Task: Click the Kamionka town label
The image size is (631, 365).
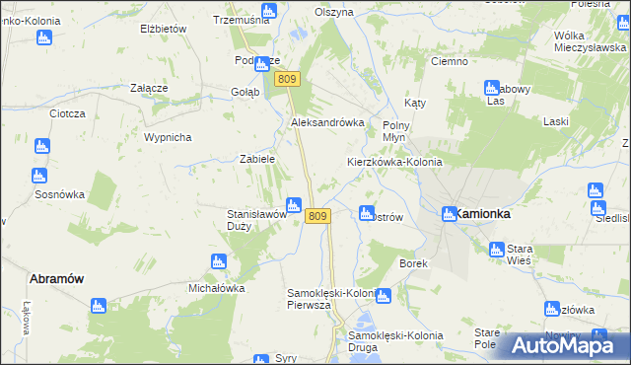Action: click(481, 213)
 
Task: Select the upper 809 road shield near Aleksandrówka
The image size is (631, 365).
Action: click(287, 80)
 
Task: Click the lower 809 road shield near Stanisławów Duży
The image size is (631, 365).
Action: click(316, 216)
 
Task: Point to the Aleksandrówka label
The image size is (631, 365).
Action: click(327, 122)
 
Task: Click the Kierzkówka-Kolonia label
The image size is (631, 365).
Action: click(394, 162)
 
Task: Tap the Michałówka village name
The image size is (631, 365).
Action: click(216, 288)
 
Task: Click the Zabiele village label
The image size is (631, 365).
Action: click(257, 158)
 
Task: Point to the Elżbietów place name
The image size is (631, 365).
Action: click(164, 30)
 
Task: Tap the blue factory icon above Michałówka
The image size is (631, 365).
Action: click(218, 262)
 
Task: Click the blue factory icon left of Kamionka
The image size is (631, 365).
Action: click(449, 212)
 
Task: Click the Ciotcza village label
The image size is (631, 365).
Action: click(68, 113)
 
